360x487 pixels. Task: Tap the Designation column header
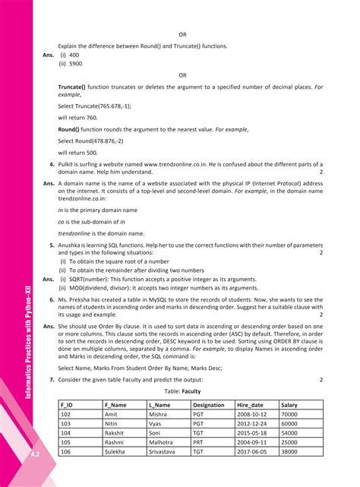208,405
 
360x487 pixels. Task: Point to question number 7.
51,379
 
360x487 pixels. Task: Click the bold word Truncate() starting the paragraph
72,88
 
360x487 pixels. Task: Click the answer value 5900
77,65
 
